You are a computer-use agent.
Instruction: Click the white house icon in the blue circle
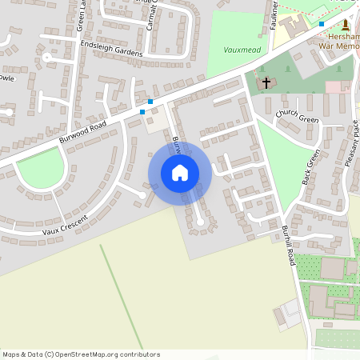click(x=180, y=172)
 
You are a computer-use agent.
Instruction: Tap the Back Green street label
click(x=311, y=168)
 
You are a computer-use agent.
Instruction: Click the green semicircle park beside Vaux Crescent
click(x=40, y=170)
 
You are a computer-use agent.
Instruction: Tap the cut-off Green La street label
click(x=81, y=16)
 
